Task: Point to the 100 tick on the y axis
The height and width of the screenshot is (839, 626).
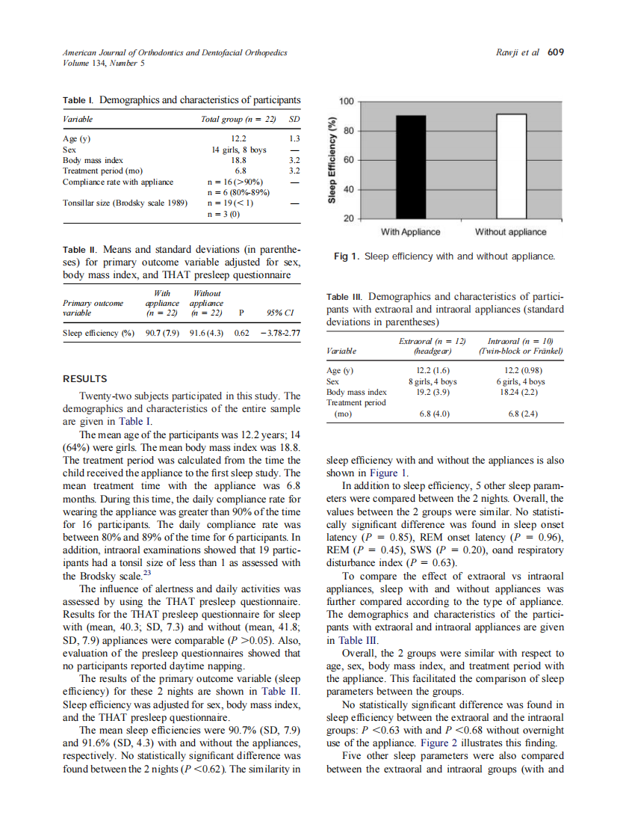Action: tap(347, 101)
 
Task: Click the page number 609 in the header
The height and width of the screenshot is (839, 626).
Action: tap(555, 52)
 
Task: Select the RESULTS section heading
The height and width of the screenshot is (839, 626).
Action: tap(84, 378)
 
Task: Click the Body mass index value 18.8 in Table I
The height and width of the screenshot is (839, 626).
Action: tap(238, 160)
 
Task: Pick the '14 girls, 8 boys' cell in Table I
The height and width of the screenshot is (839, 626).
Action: tap(238, 150)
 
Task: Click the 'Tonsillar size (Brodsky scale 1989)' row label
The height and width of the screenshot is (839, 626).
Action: tap(125, 202)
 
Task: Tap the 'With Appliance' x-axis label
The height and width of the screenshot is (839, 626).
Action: tap(410, 232)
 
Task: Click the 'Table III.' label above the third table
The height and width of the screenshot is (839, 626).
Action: tap(345, 297)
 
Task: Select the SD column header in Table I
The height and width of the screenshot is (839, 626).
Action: tap(294, 119)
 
